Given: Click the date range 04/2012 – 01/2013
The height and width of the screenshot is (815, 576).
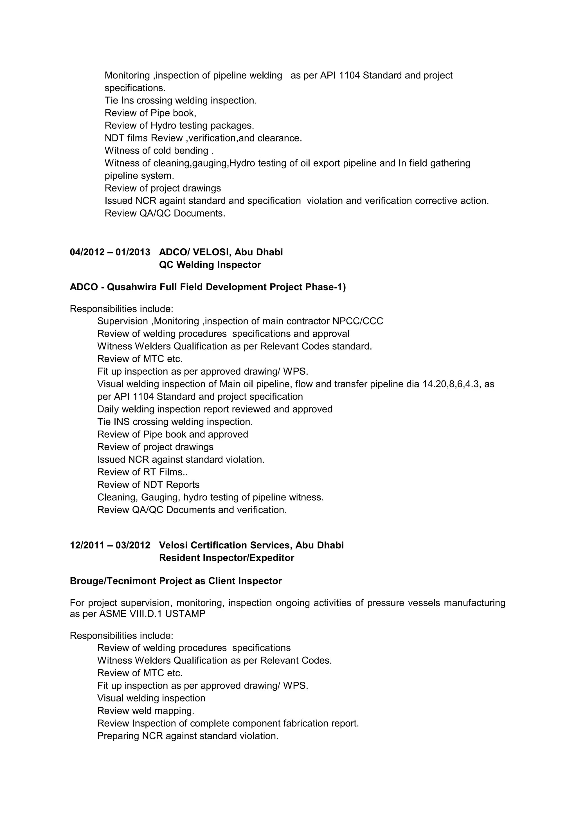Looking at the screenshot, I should click(x=110, y=252).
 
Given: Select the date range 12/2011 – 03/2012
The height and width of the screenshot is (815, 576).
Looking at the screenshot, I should click(x=110, y=545).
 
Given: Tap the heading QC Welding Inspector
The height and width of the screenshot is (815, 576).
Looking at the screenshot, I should click(x=210, y=265).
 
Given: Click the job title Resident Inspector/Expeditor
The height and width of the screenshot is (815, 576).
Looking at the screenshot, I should click(x=226, y=558).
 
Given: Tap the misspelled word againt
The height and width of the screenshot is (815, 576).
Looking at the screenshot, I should click(x=172, y=201).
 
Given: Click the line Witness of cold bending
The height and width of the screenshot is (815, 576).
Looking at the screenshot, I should click(x=159, y=151).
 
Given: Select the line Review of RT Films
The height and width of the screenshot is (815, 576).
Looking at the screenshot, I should click(x=142, y=472).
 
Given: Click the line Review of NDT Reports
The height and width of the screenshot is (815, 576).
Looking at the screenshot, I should click(x=148, y=485).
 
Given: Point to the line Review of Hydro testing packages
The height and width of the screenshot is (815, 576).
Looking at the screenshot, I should click(x=179, y=126).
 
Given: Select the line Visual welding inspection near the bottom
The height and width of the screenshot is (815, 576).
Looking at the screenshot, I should click(x=151, y=698).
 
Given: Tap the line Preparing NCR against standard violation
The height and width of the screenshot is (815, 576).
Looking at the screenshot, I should click(x=188, y=736).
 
